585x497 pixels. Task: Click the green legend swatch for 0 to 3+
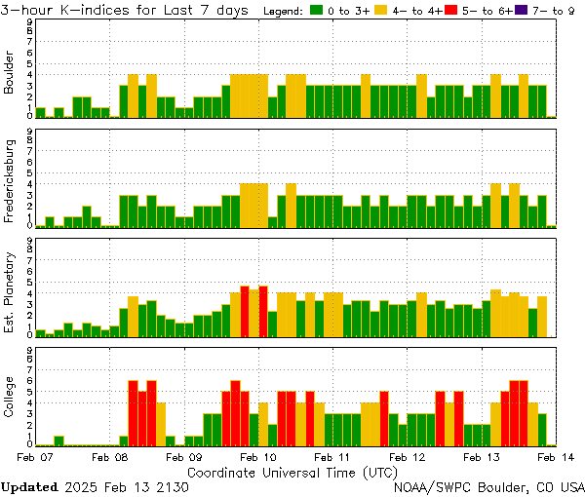click(x=316, y=11)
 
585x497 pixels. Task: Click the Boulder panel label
click(x=10, y=72)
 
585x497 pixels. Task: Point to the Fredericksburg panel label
click(x=10, y=180)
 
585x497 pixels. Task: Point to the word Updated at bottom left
click(x=27, y=486)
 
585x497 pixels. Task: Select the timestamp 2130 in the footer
click(x=172, y=486)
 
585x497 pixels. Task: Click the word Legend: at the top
click(x=283, y=11)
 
